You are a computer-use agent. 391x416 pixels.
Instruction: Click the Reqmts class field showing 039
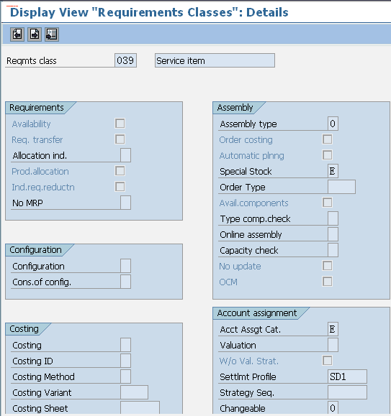[x=125, y=60]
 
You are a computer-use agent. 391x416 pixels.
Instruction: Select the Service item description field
[x=215, y=60]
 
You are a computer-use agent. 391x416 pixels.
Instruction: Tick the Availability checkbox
[x=120, y=124]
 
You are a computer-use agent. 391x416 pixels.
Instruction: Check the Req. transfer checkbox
[x=120, y=139]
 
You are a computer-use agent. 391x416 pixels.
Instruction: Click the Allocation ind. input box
[x=125, y=155]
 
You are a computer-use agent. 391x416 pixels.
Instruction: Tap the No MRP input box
[x=125, y=203]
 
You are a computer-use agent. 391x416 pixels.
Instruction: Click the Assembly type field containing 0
[x=333, y=124]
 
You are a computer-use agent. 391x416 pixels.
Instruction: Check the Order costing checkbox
[x=327, y=139]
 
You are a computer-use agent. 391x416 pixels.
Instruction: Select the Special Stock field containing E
[x=333, y=171]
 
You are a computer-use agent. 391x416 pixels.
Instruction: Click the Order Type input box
[x=341, y=187]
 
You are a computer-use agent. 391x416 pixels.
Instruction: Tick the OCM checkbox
[x=327, y=282]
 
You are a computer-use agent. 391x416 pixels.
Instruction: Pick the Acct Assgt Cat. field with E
[x=333, y=329]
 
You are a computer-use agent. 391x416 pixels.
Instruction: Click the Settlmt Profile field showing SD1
[x=347, y=376]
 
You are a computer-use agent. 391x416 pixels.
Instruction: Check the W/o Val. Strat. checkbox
[x=327, y=361]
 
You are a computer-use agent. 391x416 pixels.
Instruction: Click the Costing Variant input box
[x=134, y=392]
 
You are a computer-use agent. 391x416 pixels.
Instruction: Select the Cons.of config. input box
[x=125, y=282]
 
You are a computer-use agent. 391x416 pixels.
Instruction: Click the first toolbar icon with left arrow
[x=17, y=34]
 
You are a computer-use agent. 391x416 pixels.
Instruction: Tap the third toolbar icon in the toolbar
[x=52, y=34]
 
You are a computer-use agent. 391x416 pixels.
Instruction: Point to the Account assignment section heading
[x=257, y=313]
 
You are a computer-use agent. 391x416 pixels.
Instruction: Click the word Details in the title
[x=267, y=12]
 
